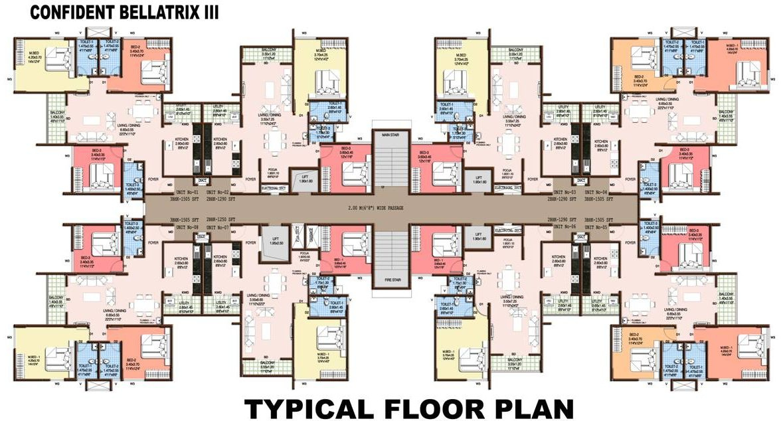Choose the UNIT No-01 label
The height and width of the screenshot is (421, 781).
[177, 192]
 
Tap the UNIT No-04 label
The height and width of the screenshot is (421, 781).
[602, 192]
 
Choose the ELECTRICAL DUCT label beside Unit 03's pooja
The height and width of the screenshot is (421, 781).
[508, 188]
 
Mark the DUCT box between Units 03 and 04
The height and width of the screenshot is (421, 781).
[580, 180]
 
